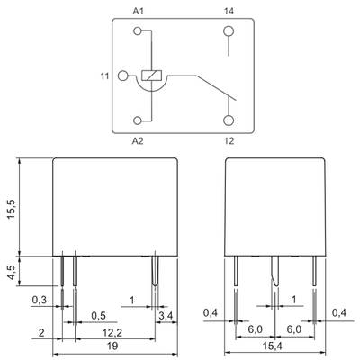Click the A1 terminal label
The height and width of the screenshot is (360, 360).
point(139,11)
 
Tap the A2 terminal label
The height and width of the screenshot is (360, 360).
point(138,140)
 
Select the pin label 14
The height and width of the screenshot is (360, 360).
point(229,11)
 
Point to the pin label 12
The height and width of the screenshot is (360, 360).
point(229,140)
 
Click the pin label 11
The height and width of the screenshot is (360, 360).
point(104,76)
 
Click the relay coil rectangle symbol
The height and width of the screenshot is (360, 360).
point(151,76)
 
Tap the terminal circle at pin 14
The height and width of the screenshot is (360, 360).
point(229,31)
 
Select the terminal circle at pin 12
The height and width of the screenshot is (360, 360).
point(229,121)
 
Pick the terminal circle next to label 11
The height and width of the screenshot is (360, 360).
point(122,76)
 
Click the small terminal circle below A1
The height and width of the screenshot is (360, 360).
point(138,31)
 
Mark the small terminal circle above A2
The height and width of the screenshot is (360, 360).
point(138,121)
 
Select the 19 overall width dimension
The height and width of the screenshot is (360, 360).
point(112,346)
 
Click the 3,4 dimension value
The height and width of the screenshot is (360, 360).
point(166,316)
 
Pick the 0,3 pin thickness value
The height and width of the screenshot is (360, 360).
point(40,300)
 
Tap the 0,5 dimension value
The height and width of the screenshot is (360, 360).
point(99,316)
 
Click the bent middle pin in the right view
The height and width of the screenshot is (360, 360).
point(275,270)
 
